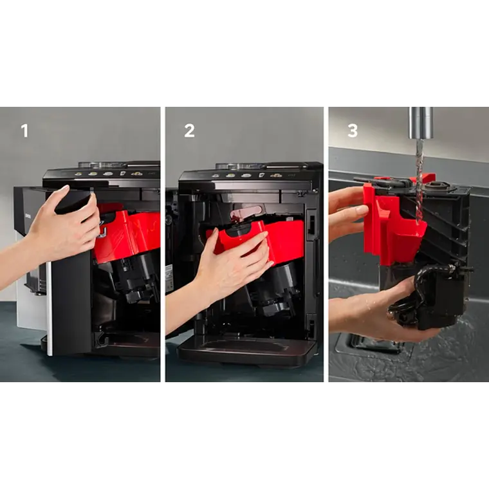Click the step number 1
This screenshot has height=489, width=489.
[24, 131]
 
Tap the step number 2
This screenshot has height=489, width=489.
[189, 131]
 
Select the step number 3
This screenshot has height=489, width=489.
[353, 131]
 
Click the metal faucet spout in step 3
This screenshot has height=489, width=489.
[421, 123]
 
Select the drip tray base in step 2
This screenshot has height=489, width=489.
[246, 351]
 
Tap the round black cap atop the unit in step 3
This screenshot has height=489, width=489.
[437, 186]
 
